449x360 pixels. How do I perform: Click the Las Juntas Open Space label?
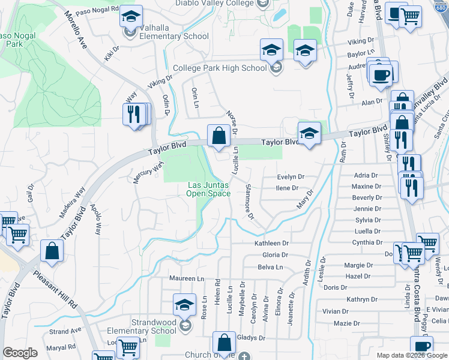[208, 189]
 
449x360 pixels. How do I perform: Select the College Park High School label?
[220, 68]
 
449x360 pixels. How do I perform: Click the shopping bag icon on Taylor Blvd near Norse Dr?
[218, 136]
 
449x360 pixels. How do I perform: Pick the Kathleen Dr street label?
[272, 244]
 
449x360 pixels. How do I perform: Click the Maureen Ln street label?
[187, 278]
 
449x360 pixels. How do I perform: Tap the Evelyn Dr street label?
[291, 177]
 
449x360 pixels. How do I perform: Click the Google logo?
[20, 353]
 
